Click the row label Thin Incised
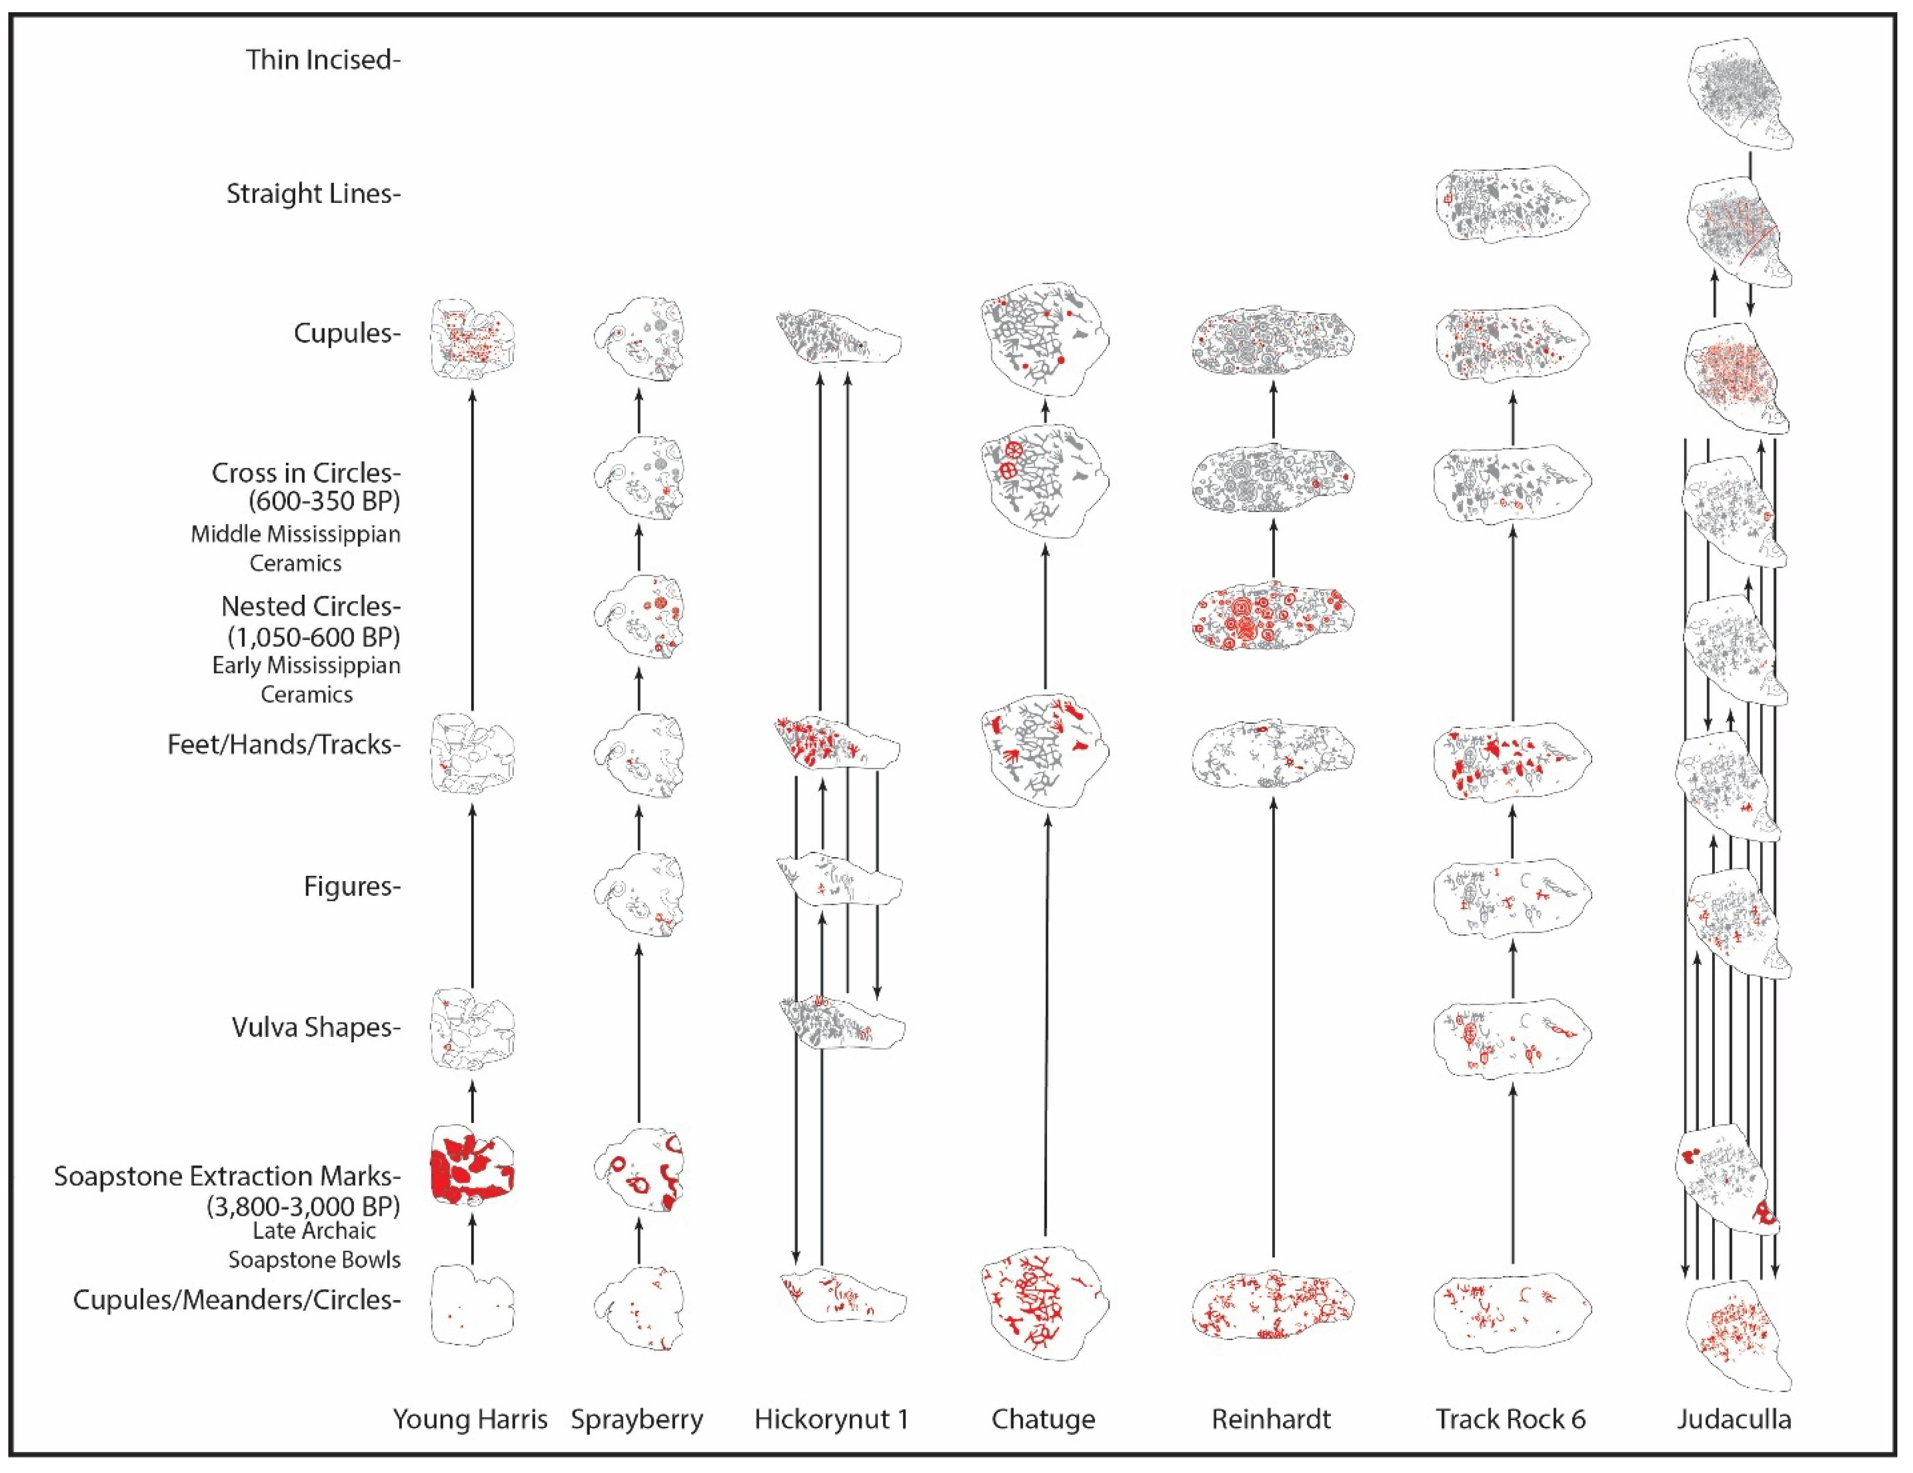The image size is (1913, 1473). pyautogui.click(x=322, y=60)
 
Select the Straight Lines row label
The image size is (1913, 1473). pyautogui.click(x=313, y=194)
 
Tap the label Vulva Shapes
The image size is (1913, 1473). pyautogui.click(x=315, y=1027)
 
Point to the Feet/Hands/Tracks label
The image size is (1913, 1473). pyautogui.click(x=284, y=744)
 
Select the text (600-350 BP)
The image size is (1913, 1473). pyautogui.click(x=324, y=501)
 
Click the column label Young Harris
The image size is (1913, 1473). pyautogui.click(x=470, y=1419)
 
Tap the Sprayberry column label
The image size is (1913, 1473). pyautogui.click(x=637, y=1419)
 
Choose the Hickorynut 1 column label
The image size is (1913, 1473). pyautogui.click(x=831, y=1419)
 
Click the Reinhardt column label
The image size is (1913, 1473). pyautogui.click(x=1271, y=1419)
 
